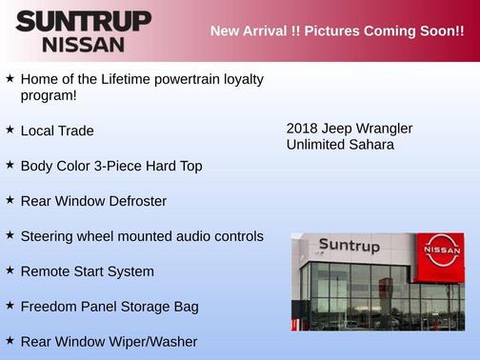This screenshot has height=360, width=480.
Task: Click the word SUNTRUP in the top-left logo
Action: point(83,21)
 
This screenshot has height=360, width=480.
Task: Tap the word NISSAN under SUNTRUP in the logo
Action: point(83,44)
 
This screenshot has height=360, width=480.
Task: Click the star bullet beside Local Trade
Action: point(10,129)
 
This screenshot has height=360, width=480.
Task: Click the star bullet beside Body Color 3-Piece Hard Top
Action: point(10,164)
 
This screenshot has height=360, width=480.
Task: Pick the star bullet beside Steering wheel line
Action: point(10,234)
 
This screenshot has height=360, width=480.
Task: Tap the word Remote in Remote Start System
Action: point(45,271)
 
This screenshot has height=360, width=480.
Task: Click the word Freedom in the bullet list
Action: point(50,307)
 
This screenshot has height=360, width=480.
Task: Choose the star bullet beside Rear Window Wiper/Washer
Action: point(10,340)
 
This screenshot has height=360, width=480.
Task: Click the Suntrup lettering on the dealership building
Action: point(349,247)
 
